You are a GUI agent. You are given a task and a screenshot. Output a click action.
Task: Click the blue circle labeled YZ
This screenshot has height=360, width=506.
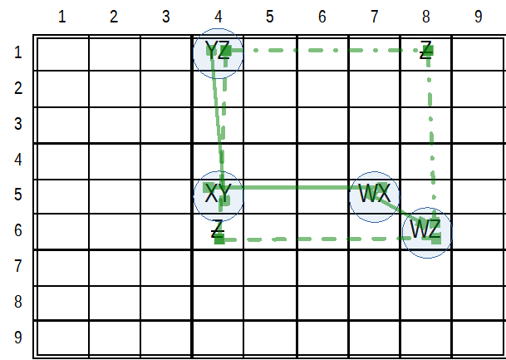pos(218,52)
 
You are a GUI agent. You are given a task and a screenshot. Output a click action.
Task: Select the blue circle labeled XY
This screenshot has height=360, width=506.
pos(218,195)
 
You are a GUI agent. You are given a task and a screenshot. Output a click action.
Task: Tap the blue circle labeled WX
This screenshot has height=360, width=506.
pos(374,196)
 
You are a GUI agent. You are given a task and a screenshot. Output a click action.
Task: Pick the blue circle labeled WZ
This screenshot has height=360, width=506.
pos(426,231)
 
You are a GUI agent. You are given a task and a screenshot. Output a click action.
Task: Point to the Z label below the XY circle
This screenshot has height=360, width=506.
pos(218,229)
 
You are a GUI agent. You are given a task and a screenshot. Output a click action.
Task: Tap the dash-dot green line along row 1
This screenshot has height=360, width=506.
pos(324,50)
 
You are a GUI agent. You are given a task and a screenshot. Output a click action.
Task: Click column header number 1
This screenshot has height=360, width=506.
pos(61,17)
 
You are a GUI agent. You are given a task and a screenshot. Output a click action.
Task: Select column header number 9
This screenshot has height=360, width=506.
pos(478,17)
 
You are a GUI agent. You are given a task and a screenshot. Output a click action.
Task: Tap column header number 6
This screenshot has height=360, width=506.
pos(322,17)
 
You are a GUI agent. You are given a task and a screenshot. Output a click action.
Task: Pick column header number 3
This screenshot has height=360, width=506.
pos(165,17)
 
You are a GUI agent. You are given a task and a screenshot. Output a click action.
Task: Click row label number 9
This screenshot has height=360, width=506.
pos(18,338)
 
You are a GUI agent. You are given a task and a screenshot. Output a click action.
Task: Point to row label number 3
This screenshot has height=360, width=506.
pos(18,124)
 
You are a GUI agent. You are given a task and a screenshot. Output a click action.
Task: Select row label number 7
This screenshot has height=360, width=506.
pos(18,266)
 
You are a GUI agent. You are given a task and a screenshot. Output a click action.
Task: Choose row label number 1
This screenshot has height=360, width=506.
pos(18,52)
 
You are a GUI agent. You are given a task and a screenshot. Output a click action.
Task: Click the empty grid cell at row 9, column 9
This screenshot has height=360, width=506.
pos(477,338)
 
